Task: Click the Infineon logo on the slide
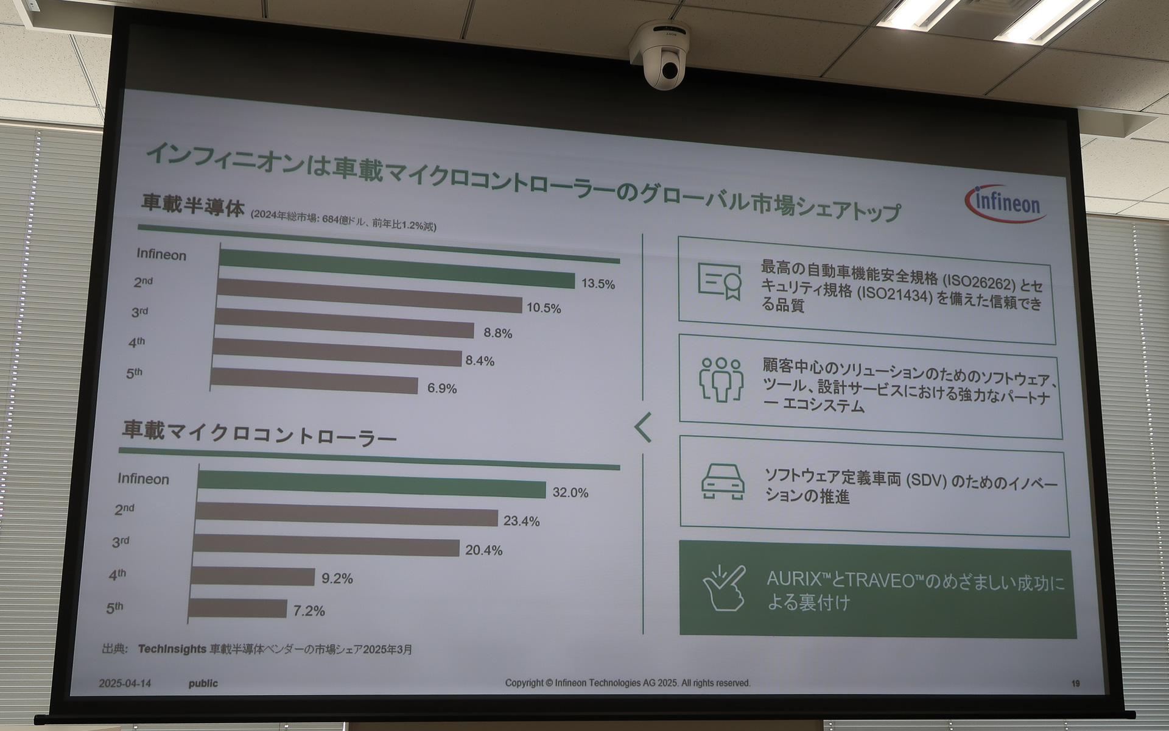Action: (1006, 203)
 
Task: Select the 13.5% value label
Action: (598, 284)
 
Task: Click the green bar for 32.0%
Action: (371, 484)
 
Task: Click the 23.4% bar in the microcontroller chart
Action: (347, 515)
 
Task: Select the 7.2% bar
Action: (237, 608)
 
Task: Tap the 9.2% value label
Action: (337, 578)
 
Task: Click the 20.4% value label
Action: (484, 550)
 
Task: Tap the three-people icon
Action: (721, 379)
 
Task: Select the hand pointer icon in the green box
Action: (725, 587)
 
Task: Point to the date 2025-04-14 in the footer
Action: (125, 683)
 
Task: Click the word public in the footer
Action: (203, 683)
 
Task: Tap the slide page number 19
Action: (1075, 683)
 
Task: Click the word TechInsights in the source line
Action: (172, 649)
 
